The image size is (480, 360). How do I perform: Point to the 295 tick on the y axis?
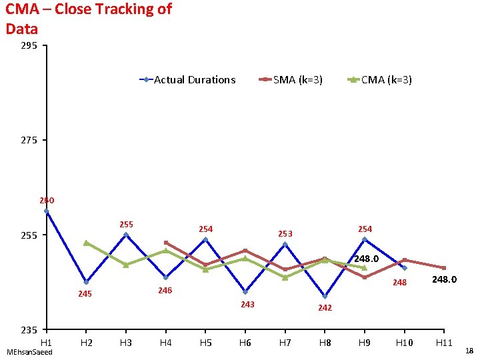(x=28, y=46)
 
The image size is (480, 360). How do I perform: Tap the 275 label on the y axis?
(x=28, y=141)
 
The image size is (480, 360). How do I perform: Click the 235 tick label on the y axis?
(x=28, y=330)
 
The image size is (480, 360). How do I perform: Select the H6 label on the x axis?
(x=245, y=343)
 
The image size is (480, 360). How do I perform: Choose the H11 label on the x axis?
(x=443, y=343)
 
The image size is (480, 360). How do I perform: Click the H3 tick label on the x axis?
(x=125, y=343)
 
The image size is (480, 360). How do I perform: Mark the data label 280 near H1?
(x=47, y=200)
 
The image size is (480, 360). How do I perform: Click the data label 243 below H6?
(x=247, y=305)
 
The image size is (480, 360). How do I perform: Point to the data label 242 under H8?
(x=325, y=308)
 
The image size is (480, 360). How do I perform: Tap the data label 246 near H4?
(x=165, y=291)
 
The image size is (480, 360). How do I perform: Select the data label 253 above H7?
(x=285, y=234)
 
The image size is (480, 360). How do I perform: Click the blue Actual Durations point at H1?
(x=47, y=211)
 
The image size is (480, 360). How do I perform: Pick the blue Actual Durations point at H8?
(x=325, y=297)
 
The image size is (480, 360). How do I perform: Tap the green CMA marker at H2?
(x=86, y=243)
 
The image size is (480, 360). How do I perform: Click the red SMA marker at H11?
(x=443, y=268)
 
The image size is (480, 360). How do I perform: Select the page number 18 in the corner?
(x=469, y=351)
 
